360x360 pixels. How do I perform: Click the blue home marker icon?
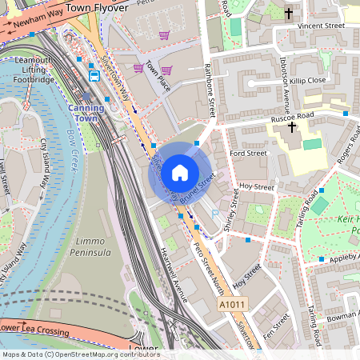[x=180, y=172]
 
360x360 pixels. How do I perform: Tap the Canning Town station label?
[x=86, y=112]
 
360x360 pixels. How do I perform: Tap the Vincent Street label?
[x=320, y=26]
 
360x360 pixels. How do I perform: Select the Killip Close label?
[x=307, y=80]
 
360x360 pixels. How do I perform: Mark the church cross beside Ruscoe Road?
[x=292, y=126]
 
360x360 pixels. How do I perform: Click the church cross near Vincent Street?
[x=288, y=13]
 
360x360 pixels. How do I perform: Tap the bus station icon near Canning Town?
[x=94, y=75]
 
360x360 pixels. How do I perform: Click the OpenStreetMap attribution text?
[x=80, y=354]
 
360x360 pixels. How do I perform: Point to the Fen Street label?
[x=281, y=320]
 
